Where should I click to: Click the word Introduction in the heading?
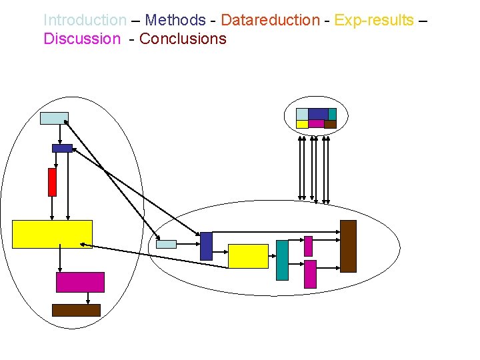pyautogui.click(x=85, y=20)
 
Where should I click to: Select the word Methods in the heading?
pyautogui.click(x=175, y=20)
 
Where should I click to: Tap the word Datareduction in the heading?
pyautogui.click(x=270, y=20)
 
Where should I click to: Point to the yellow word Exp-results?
pyautogui.click(x=373, y=20)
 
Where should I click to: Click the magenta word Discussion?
pyautogui.click(x=81, y=39)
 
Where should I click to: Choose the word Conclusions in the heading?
pyautogui.click(x=183, y=39)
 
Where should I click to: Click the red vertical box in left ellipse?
pyautogui.click(x=52, y=182)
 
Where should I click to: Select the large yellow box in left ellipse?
pyautogui.click(x=52, y=234)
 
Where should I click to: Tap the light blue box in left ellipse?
pyautogui.click(x=54, y=118)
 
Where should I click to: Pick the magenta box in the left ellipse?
pyautogui.click(x=80, y=282)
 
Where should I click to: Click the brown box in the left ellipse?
pyautogui.click(x=76, y=310)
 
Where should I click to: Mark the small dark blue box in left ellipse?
pyautogui.click(x=62, y=148)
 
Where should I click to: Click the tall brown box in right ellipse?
pyautogui.click(x=348, y=246)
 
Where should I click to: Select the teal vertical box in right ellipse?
pyautogui.click(x=282, y=260)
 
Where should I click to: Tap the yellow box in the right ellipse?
pyautogui.click(x=248, y=256)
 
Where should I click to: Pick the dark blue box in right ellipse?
pyautogui.click(x=206, y=246)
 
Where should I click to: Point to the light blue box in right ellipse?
pyautogui.click(x=166, y=244)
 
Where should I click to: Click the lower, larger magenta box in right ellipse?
pyautogui.click(x=310, y=274)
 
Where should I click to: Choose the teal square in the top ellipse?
pyautogui.click(x=332, y=114)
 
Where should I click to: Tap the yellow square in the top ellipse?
pyautogui.click(x=302, y=124)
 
